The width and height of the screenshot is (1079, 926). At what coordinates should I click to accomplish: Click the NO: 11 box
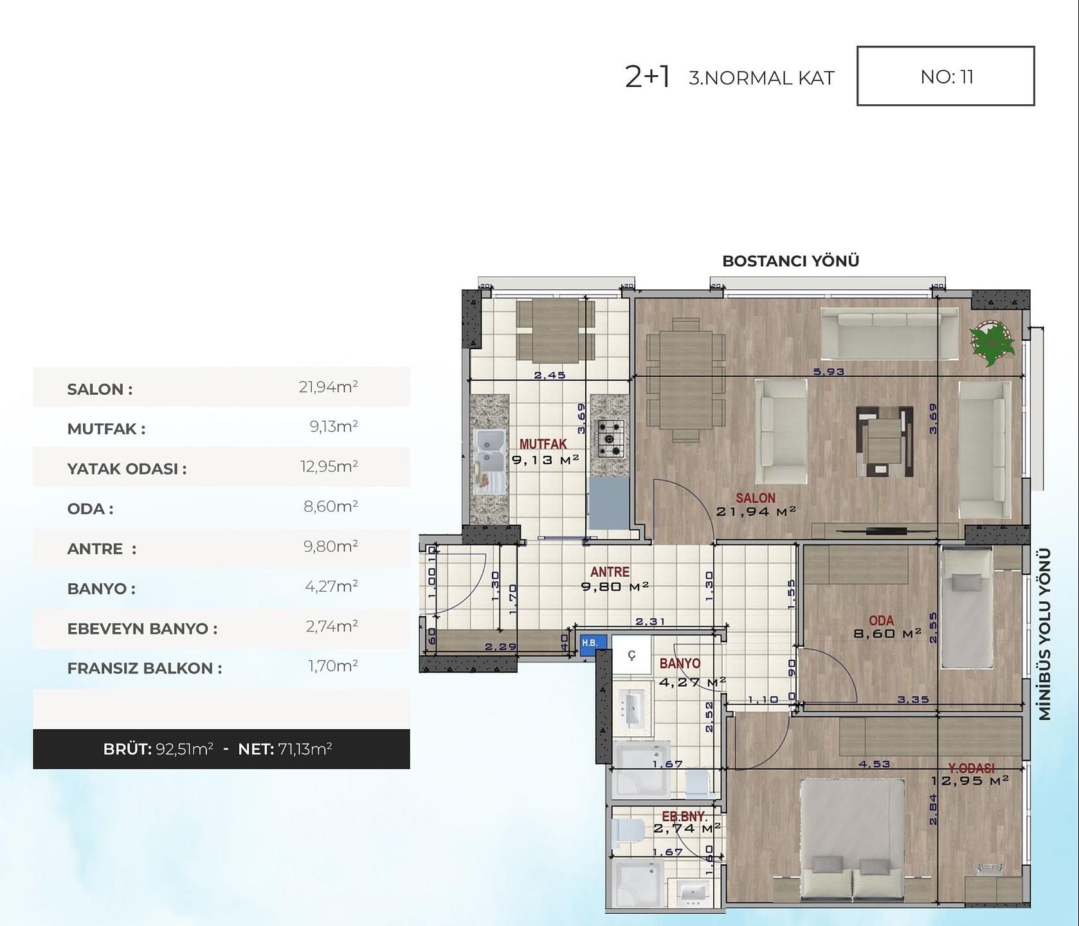click(945, 76)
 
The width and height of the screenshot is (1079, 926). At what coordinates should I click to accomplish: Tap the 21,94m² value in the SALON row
click(328, 386)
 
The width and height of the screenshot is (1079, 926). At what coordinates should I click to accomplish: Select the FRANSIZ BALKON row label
click(144, 668)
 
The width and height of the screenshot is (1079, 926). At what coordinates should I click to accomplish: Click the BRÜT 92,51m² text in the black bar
click(158, 749)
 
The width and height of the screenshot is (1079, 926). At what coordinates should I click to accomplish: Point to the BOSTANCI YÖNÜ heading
click(790, 261)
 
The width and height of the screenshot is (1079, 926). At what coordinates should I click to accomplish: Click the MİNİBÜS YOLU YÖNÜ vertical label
click(1044, 633)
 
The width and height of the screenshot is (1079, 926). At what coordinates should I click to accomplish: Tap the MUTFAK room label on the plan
click(543, 444)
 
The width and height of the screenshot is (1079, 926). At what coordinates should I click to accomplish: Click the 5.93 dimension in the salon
click(828, 372)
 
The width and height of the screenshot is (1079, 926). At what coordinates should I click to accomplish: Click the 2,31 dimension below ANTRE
click(649, 621)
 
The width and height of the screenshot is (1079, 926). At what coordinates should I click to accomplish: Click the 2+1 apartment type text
click(647, 77)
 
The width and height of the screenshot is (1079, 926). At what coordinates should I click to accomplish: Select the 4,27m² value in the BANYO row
click(331, 586)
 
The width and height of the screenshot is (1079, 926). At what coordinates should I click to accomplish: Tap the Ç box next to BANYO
click(631, 655)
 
